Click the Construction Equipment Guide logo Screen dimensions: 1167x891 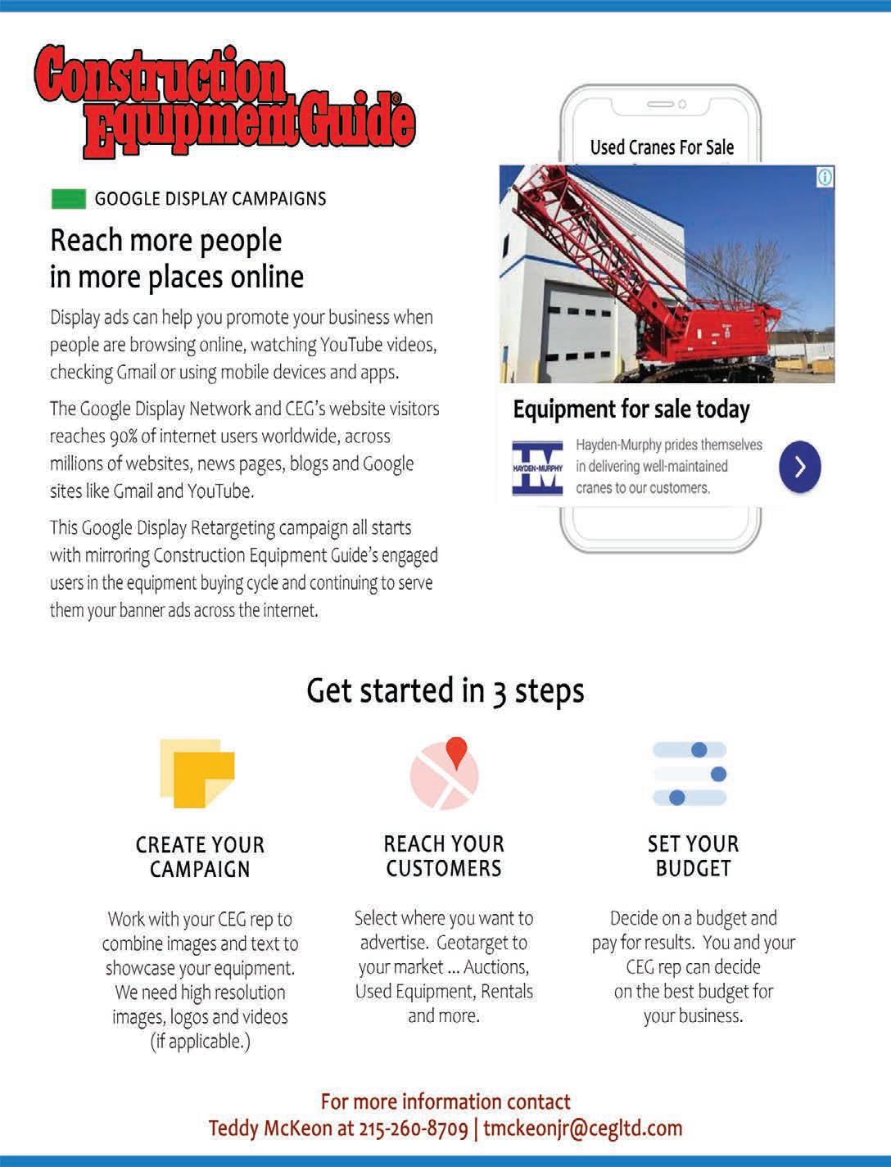(x=224, y=101)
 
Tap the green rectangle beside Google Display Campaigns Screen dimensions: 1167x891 (x=68, y=199)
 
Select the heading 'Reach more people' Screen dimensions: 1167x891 (x=166, y=241)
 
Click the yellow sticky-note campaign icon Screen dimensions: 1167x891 (x=197, y=773)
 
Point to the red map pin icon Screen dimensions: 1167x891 (x=456, y=752)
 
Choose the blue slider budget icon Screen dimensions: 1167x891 (x=690, y=774)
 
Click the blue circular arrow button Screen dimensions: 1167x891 (x=799, y=467)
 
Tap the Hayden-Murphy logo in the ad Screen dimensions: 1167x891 (x=537, y=468)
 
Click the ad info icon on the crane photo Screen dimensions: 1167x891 (x=825, y=177)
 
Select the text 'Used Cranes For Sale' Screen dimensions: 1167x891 (x=662, y=147)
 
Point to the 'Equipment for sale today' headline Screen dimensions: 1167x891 (x=631, y=409)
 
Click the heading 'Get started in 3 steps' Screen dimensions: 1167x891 (x=445, y=690)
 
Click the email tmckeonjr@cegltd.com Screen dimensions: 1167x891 (x=582, y=1129)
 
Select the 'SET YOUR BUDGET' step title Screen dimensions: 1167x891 (x=693, y=856)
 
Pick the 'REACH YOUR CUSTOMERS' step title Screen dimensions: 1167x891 (x=444, y=856)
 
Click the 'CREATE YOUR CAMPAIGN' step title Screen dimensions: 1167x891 (x=200, y=857)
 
